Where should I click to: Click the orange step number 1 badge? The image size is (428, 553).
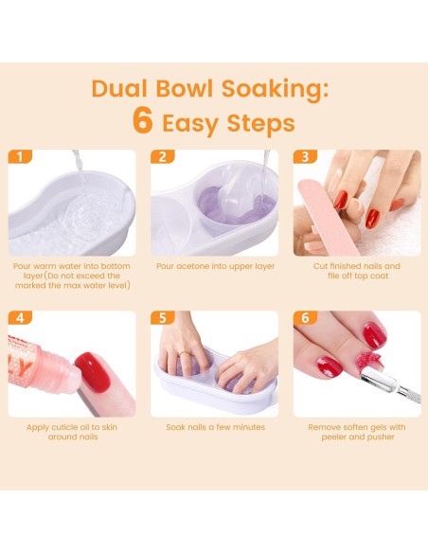(20, 156)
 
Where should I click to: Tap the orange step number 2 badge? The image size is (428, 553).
(163, 156)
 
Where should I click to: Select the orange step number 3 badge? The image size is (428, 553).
(305, 156)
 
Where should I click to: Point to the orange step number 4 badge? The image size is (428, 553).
(20, 317)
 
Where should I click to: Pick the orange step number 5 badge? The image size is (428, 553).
(163, 317)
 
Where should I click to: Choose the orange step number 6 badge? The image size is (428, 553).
(305, 317)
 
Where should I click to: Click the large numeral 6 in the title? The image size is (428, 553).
(143, 120)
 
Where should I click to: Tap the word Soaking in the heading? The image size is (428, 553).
(275, 89)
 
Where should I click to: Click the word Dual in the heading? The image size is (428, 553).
(119, 88)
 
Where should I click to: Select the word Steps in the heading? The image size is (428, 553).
(261, 124)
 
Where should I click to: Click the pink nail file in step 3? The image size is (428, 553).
(327, 217)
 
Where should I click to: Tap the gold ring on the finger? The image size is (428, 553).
(185, 353)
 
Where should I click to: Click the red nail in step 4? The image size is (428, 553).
(93, 372)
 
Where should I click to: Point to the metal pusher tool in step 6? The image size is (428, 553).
(390, 384)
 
